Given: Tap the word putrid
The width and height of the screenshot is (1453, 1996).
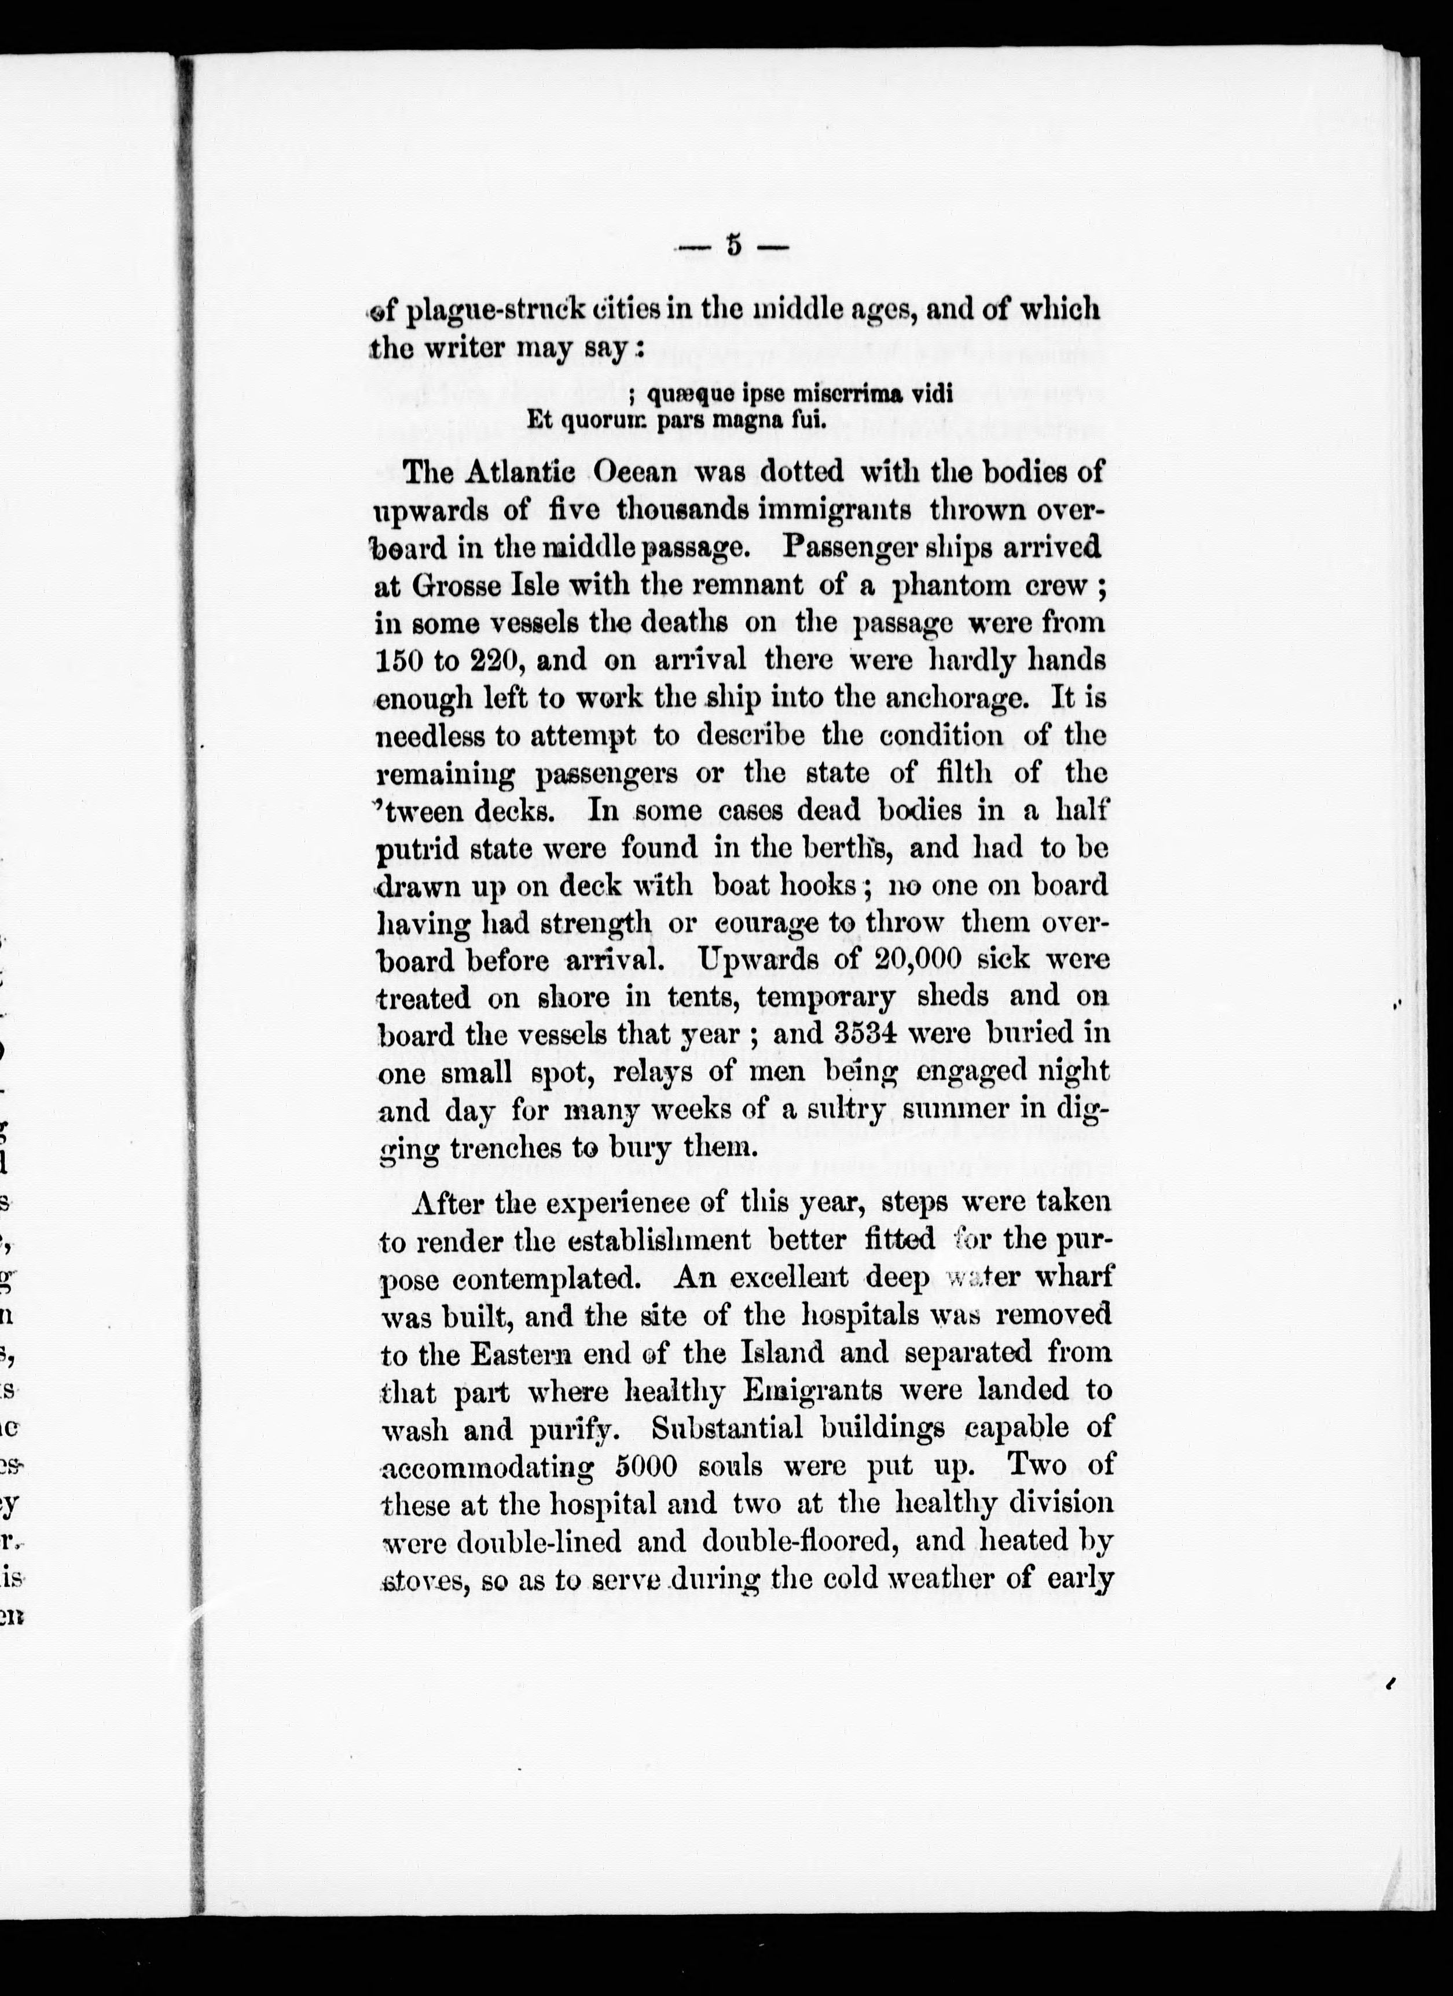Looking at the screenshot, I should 417,849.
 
